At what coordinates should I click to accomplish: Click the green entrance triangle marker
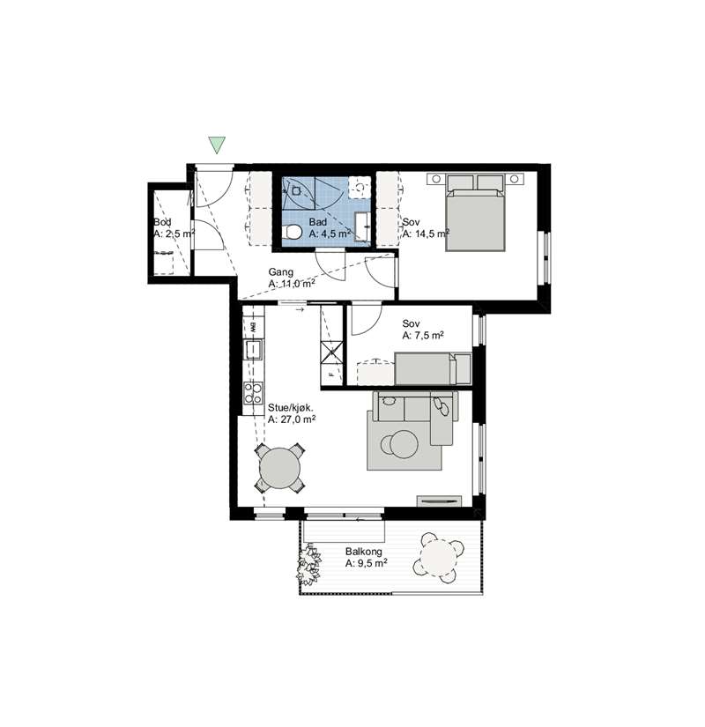click(x=217, y=145)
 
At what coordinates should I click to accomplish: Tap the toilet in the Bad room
click(x=293, y=231)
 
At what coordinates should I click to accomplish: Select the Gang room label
click(x=280, y=272)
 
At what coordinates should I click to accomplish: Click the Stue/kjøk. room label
click(x=291, y=408)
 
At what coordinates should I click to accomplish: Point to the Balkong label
click(x=364, y=552)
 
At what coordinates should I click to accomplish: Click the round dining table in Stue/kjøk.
click(x=279, y=468)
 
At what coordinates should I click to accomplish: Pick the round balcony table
click(x=438, y=558)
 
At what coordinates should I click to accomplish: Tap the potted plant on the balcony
click(x=308, y=565)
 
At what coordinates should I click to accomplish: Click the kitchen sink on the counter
click(x=253, y=350)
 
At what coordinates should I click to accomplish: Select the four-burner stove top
click(x=253, y=393)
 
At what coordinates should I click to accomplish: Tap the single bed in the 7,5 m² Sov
click(x=433, y=368)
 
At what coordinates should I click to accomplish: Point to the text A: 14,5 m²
click(x=426, y=234)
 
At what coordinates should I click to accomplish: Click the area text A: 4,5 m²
click(x=330, y=234)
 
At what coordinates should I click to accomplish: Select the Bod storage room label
click(x=162, y=222)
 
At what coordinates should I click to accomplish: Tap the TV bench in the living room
click(x=439, y=501)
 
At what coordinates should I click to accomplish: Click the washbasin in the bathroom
click(x=362, y=226)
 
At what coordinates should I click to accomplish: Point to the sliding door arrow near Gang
click(x=300, y=309)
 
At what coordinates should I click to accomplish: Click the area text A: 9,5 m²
click(x=366, y=563)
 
